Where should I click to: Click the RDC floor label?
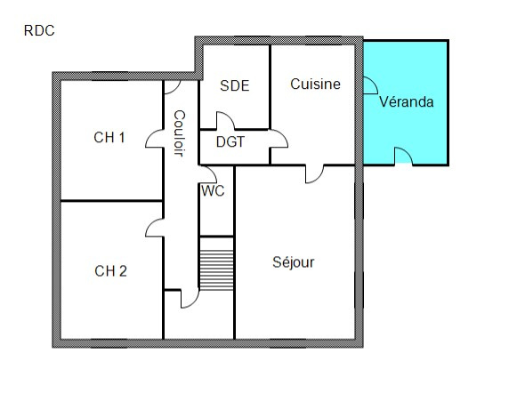pyautogui.click(x=39, y=30)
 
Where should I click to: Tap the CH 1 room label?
pyautogui.click(x=109, y=137)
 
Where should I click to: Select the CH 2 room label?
pyautogui.click(x=110, y=271)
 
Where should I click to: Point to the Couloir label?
pyautogui.click(x=179, y=133)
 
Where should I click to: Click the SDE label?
pyautogui.click(x=234, y=85)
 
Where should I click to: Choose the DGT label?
pyautogui.click(x=230, y=142)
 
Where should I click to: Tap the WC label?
pyautogui.click(x=213, y=190)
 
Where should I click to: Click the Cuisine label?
pyautogui.click(x=315, y=84)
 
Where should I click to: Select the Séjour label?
pyautogui.click(x=293, y=262)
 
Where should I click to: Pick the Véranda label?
pyautogui.click(x=406, y=101)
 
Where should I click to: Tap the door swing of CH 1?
pyautogui.click(x=154, y=139)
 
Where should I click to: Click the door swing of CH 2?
pyautogui.click(x=154, y=228)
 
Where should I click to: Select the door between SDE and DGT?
pyautogui.click(x=225, y=121)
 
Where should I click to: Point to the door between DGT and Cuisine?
pyautogui.click(x=279, y=139)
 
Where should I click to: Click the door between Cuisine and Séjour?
pyautogui.click(x=314, y=174)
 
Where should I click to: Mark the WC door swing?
pyautogui.click(x=208, y=174)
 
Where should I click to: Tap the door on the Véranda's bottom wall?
pyautogui.click(x=404, y=156)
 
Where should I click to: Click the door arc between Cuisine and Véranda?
pyautogui.click(x=370, y=85)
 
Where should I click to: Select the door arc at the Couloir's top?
pyautogui.click(x=173, y=87)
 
